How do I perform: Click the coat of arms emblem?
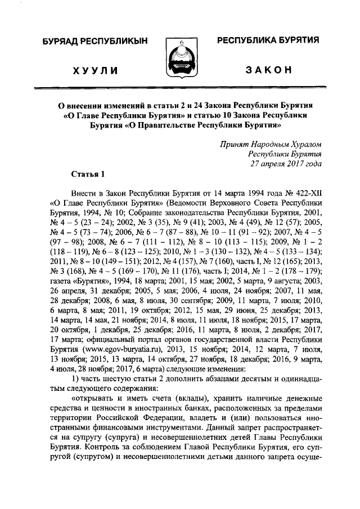pos(179,58)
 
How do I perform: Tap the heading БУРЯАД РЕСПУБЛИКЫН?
pos(92,42)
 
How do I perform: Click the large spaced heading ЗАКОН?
pos(268,69)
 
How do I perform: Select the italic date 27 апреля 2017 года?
pos(286,164)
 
